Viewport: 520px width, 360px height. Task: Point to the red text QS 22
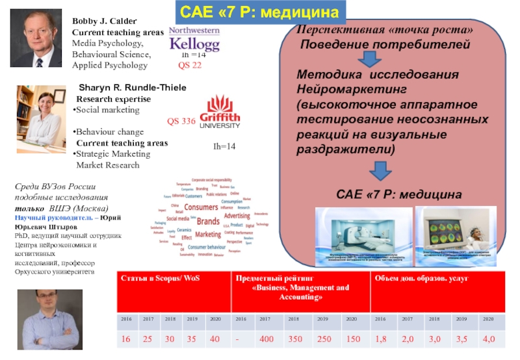pyautogui.click(x=190, y=66)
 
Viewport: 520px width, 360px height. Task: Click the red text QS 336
pyautogui.click(x=181, y=121)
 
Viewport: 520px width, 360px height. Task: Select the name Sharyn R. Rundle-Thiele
pyautogui.click(x=133, y=88)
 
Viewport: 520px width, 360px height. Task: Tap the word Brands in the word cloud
pyautogui.click(x=207, y=221)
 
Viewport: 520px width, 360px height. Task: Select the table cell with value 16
pyautogui.click(x=125, y=339)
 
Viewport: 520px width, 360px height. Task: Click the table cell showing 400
pyautogui.click(x=265, y=339)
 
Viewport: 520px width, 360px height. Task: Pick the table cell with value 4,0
pyautogui.click(x=489, y=339)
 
